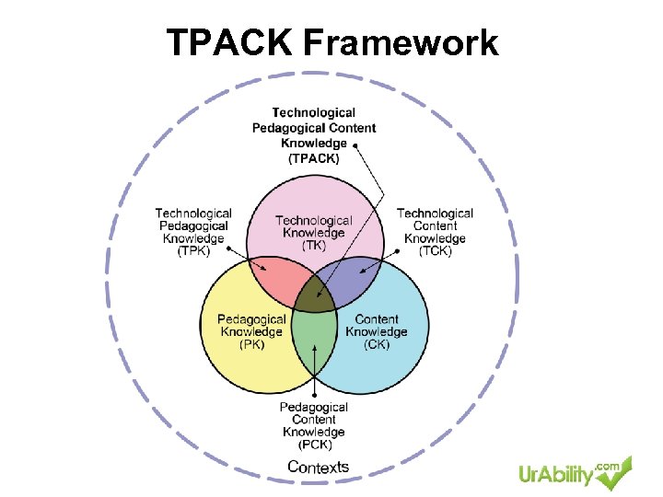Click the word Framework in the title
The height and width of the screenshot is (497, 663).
click(x=400, y=43)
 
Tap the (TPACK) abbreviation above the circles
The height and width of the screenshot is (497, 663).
click(x=314, y=158)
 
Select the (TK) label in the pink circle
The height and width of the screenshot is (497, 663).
click(x=313, y=246)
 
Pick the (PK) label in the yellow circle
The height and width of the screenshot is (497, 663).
click(x=251, y=345)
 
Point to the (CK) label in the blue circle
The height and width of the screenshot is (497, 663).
click(x=376, y=345)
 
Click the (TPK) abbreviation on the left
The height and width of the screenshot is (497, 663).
click(x=193, y=251)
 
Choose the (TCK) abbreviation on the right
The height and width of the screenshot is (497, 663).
click(x=435, y=251)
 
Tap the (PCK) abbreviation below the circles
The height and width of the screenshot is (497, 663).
click(x=314, y=445)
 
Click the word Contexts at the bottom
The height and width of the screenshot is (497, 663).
click(x=319, y=467)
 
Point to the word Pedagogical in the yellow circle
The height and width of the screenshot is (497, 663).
click(x=251, y=319)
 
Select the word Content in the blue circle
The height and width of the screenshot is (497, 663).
click(x=377, y=319)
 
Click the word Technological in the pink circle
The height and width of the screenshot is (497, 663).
click(x=313, y=220)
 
